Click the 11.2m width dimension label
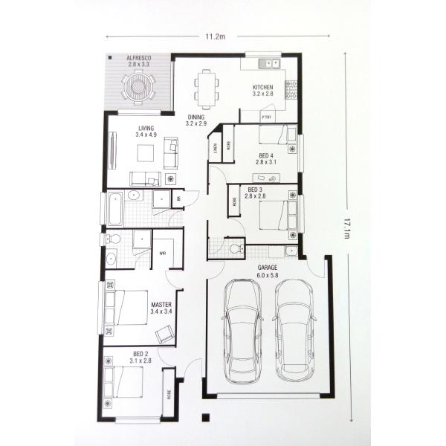[x=216, y=36]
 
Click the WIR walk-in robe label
[x=163, y=253]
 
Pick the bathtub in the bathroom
[x=115, y=209]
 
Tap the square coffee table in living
[x=145, y=153]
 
